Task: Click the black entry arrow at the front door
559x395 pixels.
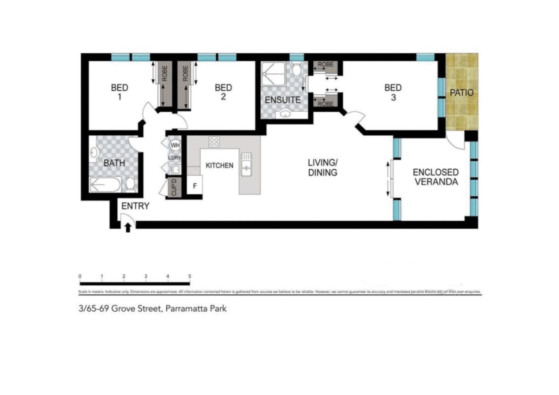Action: click(x=128, y=227)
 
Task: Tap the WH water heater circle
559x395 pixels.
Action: click(x=175, y=145)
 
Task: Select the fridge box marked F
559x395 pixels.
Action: click(x=195, y=186)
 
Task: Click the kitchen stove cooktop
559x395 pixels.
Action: click(x=214, y=142)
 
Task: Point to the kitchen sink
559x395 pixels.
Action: click(x=246, y=165)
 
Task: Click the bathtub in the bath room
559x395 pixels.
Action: click(x=105, y=184)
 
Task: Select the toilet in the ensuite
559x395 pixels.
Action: click(x=297, y=68)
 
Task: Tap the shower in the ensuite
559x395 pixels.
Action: click(x=273, y=75)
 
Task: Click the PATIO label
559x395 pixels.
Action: click(x=462, y=93)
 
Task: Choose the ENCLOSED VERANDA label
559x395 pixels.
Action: click(x=436, y=177)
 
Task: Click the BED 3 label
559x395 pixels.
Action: click(x=393, y=92)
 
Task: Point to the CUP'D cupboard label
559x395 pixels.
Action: click(x=174, y=187)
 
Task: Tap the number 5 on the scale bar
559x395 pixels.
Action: click(x=190, y=276)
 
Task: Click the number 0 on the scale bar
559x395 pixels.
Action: click(x=80, y=276)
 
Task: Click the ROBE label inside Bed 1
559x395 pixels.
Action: click(x=165, y=74)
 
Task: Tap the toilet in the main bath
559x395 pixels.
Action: click(x=130, y=184)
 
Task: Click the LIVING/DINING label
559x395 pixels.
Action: click(x=323, y=168)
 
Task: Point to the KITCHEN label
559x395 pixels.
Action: click(x=219, y=165)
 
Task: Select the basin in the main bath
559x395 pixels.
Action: click(x=94, y=153)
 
